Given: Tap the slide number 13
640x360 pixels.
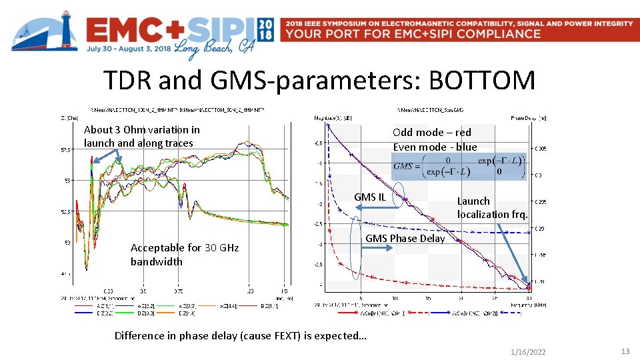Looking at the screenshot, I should (625, 351).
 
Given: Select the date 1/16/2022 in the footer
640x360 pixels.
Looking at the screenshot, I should (528, 351).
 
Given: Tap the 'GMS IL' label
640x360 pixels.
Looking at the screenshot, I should (370, 197).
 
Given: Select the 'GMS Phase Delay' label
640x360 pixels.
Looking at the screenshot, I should (406, 238).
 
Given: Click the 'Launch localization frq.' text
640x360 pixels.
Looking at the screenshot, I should (492, 207).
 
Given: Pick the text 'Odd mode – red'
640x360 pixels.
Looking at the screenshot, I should (432, 132).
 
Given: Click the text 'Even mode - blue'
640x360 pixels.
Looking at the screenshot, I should (435, 147).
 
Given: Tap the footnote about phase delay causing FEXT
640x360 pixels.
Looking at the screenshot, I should (240, 335).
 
